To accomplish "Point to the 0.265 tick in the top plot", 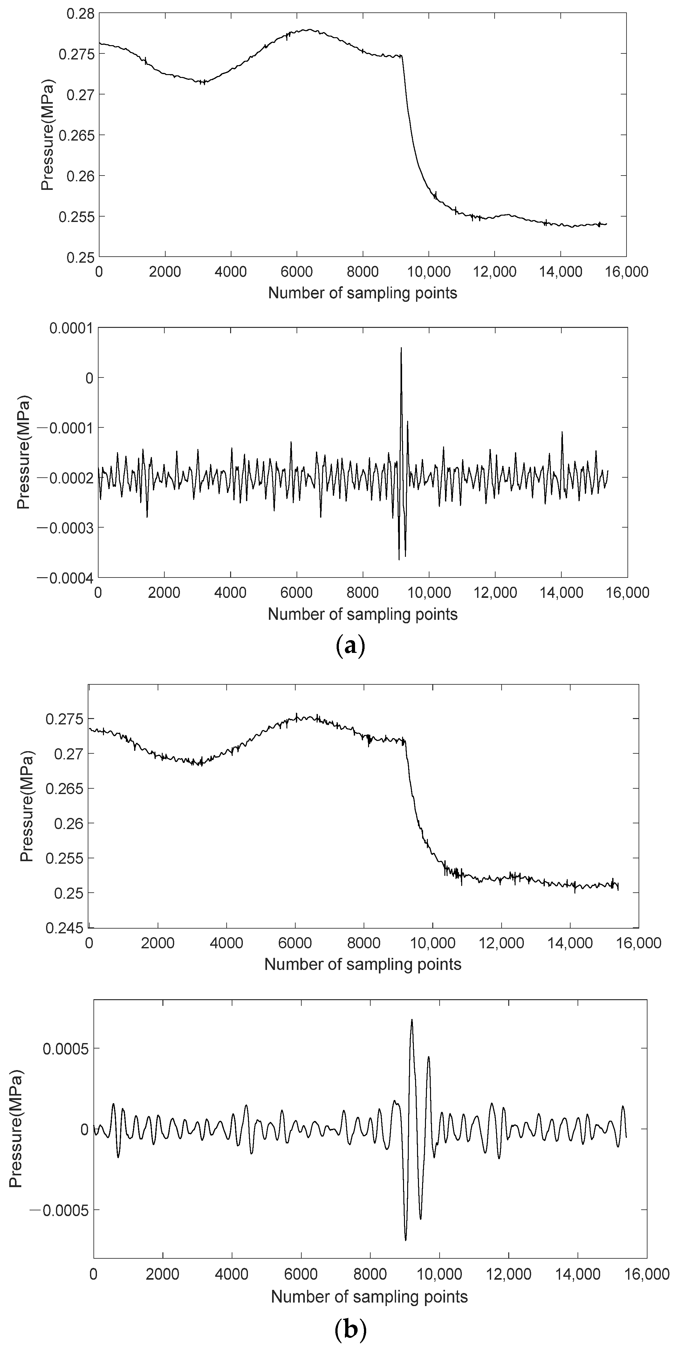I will click(76, 135).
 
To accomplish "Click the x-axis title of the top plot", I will click(362, 293).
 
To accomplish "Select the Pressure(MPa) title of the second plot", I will click(24, 452).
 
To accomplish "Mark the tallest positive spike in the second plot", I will click(401, 348).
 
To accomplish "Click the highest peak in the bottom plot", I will click(412, 1020).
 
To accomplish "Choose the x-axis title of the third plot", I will click(362, 964).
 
